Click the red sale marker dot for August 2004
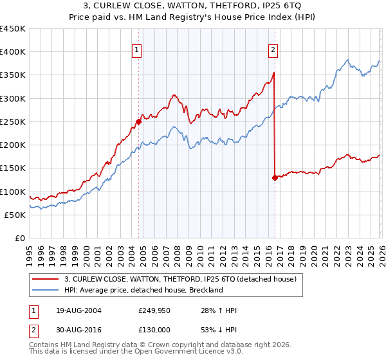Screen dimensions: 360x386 [x=139, y=122]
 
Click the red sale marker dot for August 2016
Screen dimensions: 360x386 [x=275, y=177]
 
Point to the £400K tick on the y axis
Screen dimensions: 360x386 [x=13, y=52]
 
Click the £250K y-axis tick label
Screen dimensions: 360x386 [x=13, y=122]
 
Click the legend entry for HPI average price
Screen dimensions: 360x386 [x=143, y=290]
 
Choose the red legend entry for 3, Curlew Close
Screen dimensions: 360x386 [x=179, y=279]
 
